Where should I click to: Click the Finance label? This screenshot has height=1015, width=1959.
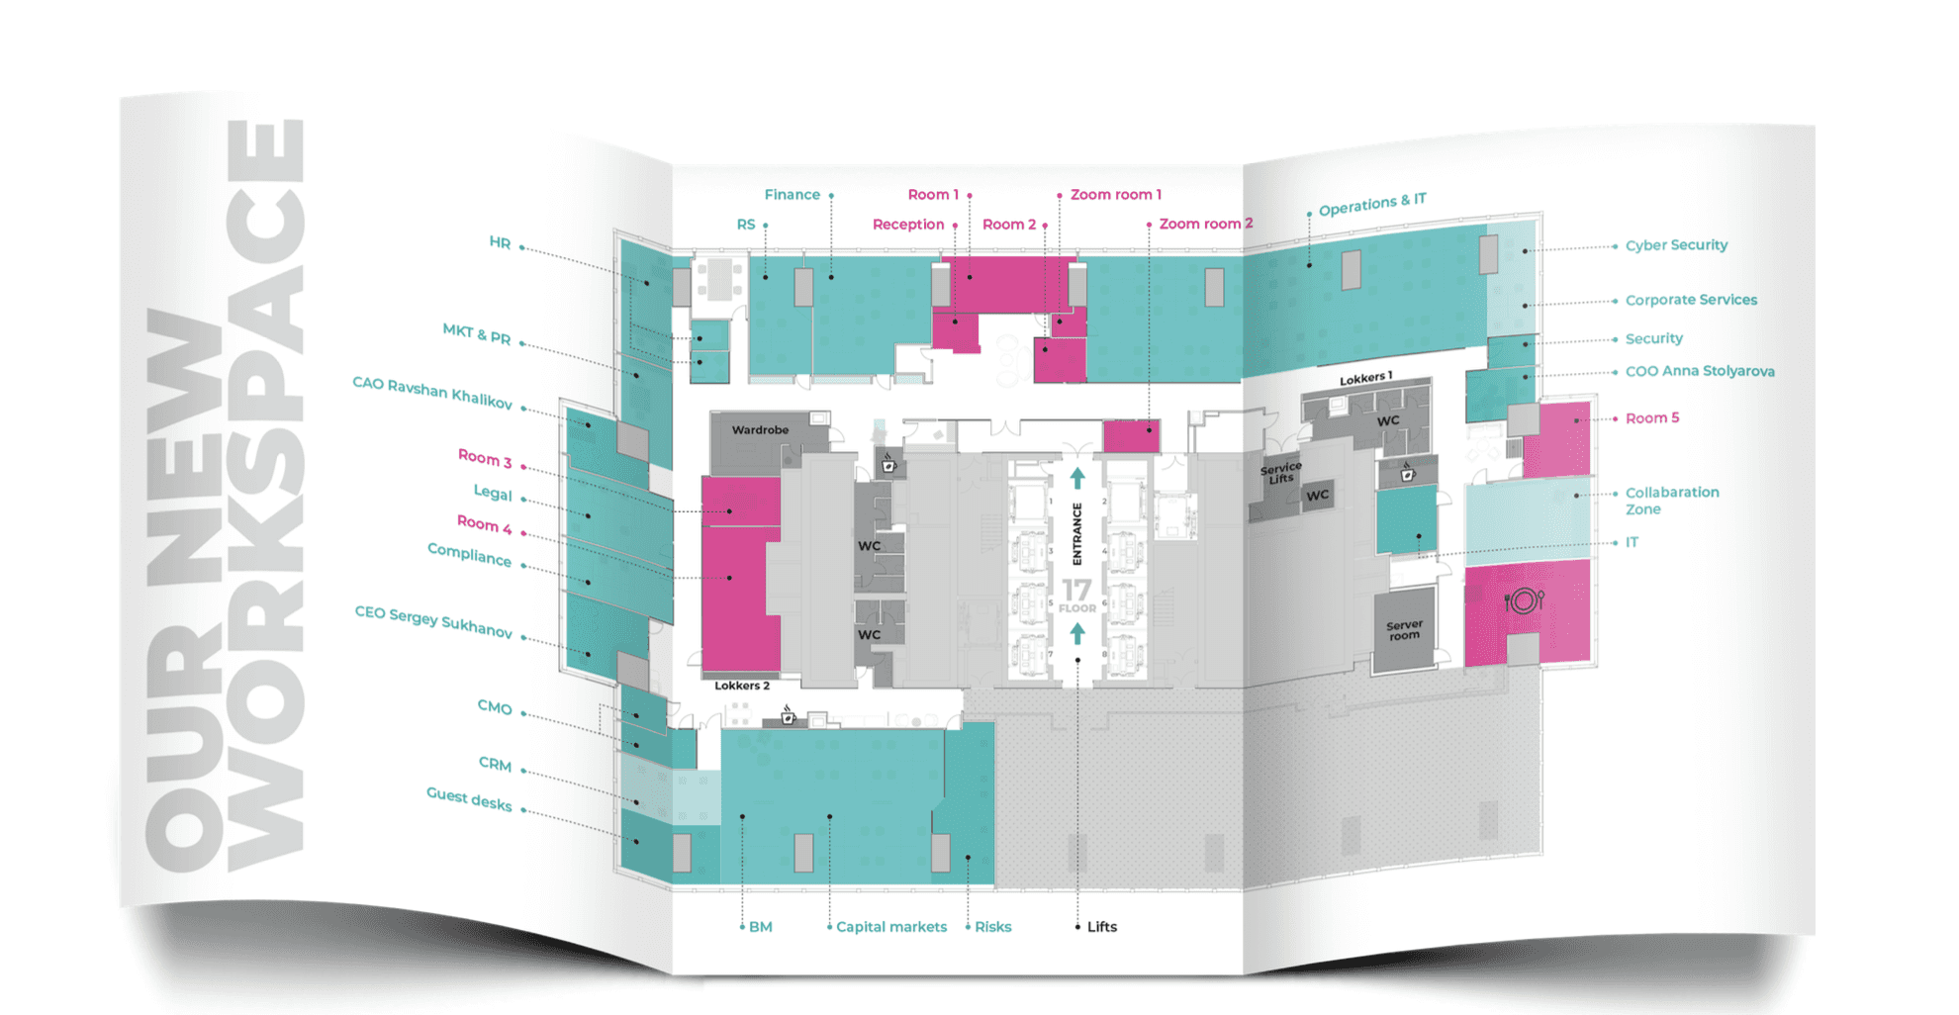pos(792,195)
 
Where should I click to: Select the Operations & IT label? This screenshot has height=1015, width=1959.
pos(1372,205)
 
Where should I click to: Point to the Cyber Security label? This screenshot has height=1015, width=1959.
pos(1676,245)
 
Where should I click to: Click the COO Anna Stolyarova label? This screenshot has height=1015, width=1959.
pos(1699,371)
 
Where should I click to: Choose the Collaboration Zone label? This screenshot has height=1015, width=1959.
pos(1671,501)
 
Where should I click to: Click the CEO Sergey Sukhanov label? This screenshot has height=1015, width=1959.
pos(433,622)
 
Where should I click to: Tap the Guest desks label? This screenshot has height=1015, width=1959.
pos(469,799)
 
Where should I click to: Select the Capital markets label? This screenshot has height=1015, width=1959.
pos(890,927)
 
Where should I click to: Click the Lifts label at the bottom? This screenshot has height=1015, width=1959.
pos(1101,927)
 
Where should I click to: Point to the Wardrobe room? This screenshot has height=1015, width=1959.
pos(760,430)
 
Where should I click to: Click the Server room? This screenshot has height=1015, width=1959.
pos(1404,630)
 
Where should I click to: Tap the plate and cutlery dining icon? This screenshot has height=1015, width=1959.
pos(1524,600)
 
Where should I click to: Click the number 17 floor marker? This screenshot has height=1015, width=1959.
pos(1076,592)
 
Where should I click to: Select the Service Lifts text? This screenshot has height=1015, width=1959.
pos(1280,473)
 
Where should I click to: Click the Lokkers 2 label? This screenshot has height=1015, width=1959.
pos(742,686)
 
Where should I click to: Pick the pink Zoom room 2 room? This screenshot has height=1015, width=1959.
pos(1131,436)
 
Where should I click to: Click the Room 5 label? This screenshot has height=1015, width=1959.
pos(1651,418)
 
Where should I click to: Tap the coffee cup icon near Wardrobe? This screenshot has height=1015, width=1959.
pos(888,464)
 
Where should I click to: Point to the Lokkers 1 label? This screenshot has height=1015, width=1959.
pos(1365,379)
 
